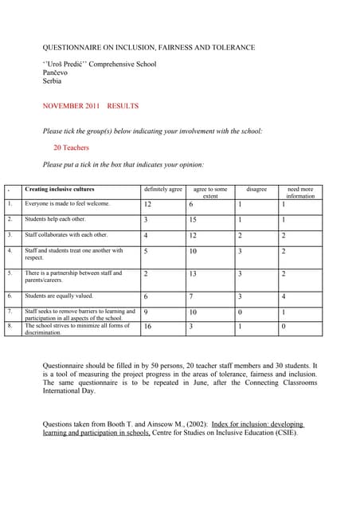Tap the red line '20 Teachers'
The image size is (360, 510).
point(71,147)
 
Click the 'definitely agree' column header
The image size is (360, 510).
point(162,190)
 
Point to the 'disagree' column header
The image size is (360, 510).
point(256,190)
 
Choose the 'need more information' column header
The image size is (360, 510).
point(300,192)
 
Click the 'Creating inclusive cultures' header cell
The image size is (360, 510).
point(60,190)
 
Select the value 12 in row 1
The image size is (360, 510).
point(147,204)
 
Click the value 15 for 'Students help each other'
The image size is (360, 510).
point(193,220)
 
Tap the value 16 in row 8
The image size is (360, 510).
point(147,327)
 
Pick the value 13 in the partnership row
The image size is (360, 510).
point(193,274)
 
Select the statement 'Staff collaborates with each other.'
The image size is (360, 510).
point(66,235)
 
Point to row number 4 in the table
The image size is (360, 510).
point(10,251)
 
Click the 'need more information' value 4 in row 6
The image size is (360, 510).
point(284,297)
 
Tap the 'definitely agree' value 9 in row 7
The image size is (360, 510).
point(146,312)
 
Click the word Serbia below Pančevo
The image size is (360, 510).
point(51,81)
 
